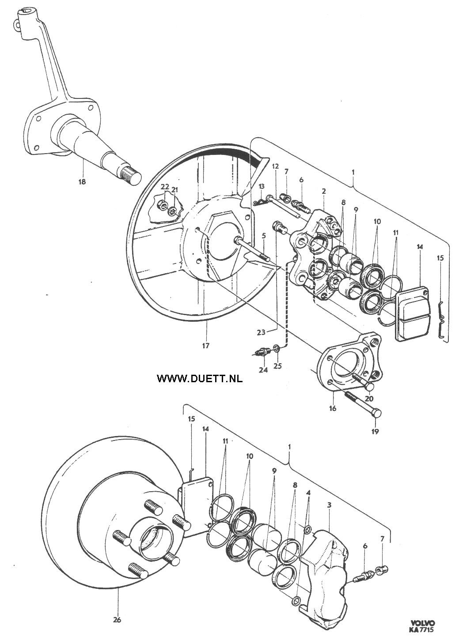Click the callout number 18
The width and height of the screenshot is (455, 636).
click(82, 182)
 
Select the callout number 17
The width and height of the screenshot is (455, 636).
click(205, 346)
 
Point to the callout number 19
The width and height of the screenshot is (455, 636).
click(375, 432)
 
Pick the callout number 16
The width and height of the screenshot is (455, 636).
click(333, 408)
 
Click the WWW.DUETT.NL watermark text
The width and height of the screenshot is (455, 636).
click(200, 378)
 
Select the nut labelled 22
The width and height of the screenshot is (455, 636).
click(162, 205)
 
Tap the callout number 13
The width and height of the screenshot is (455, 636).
click(261, 186)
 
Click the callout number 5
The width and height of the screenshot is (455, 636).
click(264, 235)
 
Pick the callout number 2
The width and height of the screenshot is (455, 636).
click(324, 191)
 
